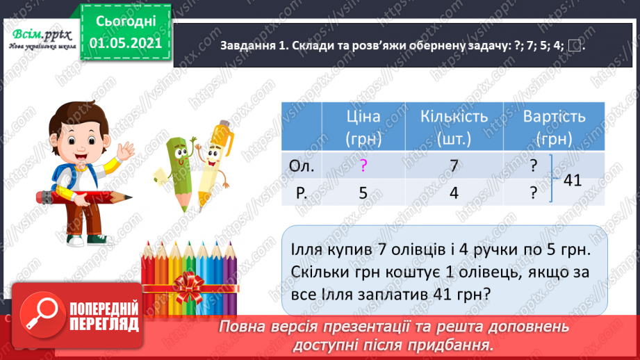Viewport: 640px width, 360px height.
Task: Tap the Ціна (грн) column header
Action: [x=363, y=127]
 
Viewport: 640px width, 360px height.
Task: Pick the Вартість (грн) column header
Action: [x=554, y=127]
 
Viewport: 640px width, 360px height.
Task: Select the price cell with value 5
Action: [x=363, y=194]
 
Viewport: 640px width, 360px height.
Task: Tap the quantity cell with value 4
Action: [x=454, y=194]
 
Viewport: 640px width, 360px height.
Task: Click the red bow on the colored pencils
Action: [x=188, y=284]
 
